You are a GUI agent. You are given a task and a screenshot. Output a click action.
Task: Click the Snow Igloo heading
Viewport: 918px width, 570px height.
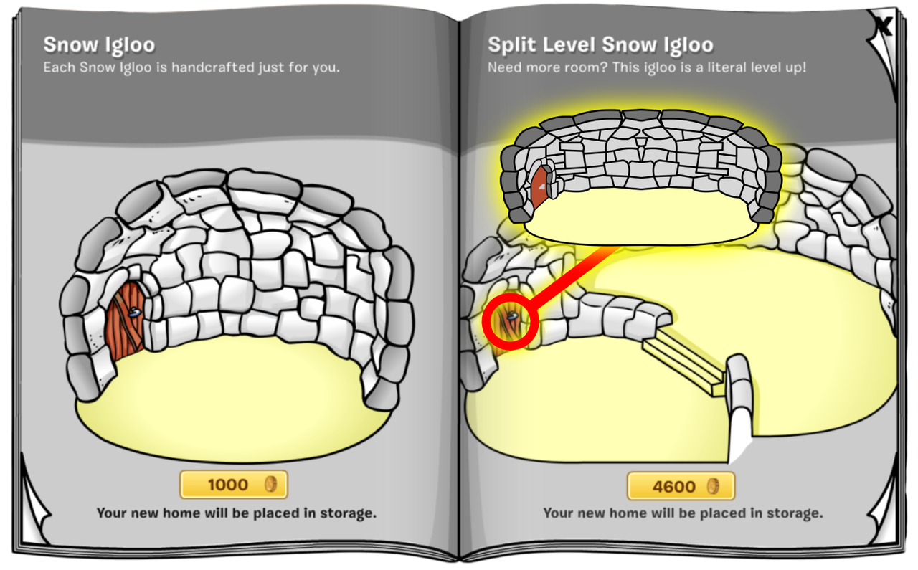(x=99, y=45)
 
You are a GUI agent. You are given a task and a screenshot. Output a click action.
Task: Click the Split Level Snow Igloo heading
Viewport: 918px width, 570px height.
(x=600, y=45)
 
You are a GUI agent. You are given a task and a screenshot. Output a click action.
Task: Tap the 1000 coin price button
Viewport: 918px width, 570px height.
(x=234, y=485)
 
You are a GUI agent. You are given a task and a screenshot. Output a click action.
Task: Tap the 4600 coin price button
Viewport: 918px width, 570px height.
(x=681, y=486)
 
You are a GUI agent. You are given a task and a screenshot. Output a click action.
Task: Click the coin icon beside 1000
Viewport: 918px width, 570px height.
(x=270, y=485)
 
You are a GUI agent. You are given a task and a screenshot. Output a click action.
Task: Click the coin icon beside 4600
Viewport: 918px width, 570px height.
(x=713, y=486)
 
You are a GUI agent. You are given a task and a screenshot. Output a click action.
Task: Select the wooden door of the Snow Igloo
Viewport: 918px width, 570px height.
(x=124, y=322)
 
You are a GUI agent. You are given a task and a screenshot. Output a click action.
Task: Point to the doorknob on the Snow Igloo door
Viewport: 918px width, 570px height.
(x=134, y=313)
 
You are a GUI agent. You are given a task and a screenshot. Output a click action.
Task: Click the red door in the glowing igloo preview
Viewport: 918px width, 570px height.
(x=539, y=187)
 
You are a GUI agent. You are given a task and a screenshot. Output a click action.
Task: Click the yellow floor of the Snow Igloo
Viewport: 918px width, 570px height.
(x=234, y=402)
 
